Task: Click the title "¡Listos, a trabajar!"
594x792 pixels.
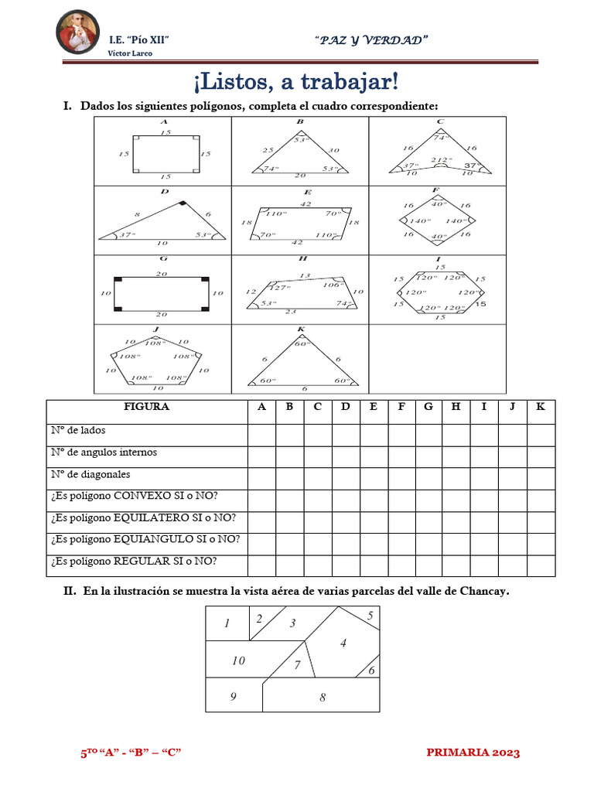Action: pos(297,80)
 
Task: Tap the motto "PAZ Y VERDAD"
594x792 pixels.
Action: pos(372,39)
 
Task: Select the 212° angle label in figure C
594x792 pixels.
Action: pos(440,160)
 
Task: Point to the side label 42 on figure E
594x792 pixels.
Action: pos(306,204)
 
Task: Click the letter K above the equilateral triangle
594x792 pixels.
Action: pos(301,329)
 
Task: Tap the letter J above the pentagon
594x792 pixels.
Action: pos(155,329)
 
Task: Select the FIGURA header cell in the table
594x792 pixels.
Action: pos(146,408)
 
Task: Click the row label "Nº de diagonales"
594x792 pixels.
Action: pos(90,474)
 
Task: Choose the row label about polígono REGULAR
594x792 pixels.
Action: pos(134,561)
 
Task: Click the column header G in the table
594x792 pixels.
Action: pos(428,408)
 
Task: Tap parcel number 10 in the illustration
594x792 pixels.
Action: pos(238,661)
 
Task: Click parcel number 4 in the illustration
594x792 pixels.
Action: pos(343,643)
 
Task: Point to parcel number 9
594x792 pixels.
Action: pos(233,696)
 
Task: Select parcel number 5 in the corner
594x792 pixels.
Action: pos(370,616)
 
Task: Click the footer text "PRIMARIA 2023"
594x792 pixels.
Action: pos(473,753)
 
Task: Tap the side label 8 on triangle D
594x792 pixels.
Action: pos(138,214)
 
